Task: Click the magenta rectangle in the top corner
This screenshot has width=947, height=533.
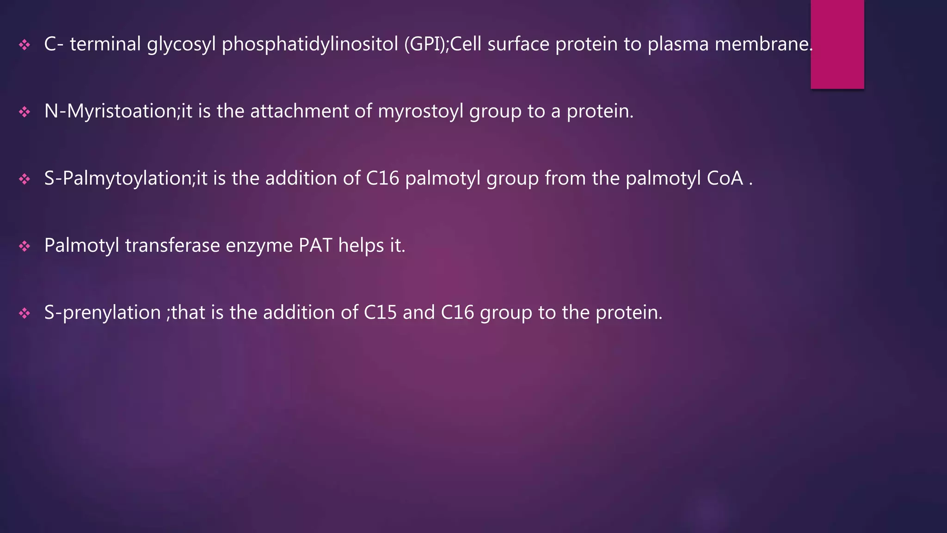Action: (837, 44)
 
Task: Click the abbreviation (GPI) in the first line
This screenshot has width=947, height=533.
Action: (424, 44)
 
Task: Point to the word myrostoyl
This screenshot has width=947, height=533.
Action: (420, 112)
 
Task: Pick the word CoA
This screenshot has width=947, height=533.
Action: (725, 179)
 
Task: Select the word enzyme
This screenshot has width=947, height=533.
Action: (259, 246)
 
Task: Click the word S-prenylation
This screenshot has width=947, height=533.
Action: (102, 313)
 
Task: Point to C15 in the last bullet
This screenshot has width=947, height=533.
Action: (380, 313)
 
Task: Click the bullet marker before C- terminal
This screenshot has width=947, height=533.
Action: (25, 45)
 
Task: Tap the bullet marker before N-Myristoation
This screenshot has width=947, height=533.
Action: (25, 112)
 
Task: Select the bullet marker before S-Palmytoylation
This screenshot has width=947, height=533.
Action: (25, 179)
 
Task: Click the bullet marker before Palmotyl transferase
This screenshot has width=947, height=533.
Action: (25, 246)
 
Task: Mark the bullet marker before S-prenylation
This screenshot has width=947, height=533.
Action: (25, 313)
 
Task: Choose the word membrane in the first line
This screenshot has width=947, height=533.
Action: (763, 44)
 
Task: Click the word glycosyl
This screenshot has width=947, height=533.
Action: (181, 44)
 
